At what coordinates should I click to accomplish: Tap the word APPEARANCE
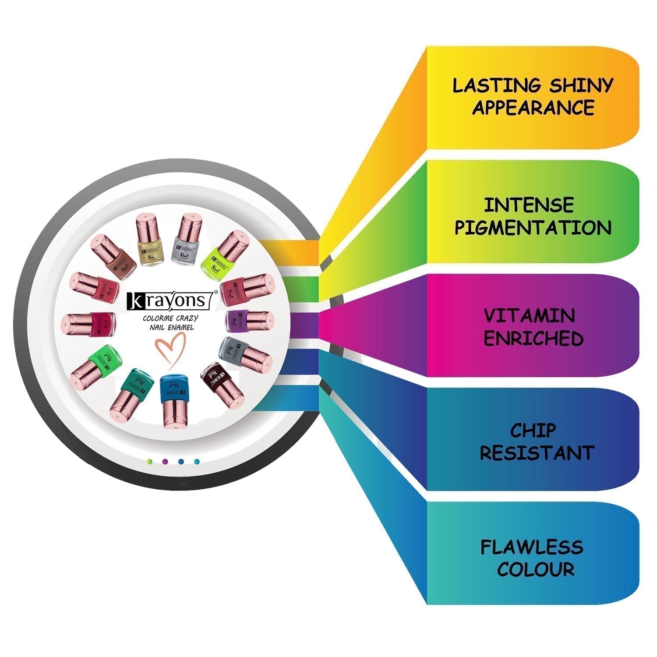tap(533, 108)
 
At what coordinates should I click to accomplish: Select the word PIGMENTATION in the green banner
tap(533, 228)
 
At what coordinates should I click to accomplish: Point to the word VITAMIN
tap(529, 316)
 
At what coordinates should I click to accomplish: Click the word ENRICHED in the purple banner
tap(533, 339)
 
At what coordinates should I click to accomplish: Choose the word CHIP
tap(533, 431)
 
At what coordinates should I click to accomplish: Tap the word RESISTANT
tap(537, 453)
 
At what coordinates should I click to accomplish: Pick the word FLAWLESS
tap(532, 547)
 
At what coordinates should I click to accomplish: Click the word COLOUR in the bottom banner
tap(536, 569)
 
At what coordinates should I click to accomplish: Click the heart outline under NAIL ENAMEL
tap(171, 348)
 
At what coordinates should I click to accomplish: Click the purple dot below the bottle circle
tap(165, 462)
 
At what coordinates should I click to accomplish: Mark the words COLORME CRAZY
tap(170, 318)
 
